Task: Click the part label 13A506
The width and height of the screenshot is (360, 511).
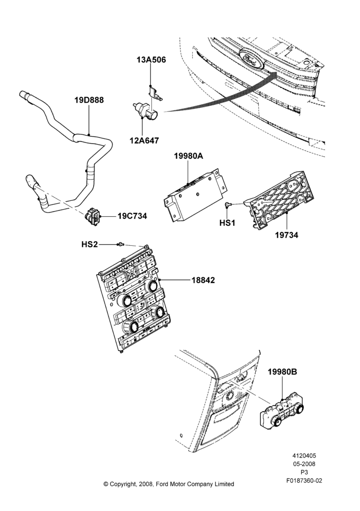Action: [151, 60]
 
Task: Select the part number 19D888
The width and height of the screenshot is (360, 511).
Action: [89, 100]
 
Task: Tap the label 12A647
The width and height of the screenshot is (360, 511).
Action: [144, 141]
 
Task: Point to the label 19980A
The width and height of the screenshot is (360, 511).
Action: [189, 156]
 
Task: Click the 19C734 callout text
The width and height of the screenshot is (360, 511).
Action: [132, 216]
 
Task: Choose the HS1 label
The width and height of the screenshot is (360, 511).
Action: [228, 223]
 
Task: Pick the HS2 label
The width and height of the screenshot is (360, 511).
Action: [89, 244]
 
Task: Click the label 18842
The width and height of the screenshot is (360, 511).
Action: [203, 280]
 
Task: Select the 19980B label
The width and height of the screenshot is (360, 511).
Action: [282, 371]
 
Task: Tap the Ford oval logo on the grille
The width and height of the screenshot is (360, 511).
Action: [252, 59]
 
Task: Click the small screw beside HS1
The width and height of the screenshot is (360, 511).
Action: [228, 205]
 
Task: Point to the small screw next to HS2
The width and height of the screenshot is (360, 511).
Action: [121, 244]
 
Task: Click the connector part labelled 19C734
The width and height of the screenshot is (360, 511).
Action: [94, 216]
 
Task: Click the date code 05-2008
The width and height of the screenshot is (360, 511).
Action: [304, 464]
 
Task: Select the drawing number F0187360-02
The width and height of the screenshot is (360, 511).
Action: [304, 480]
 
